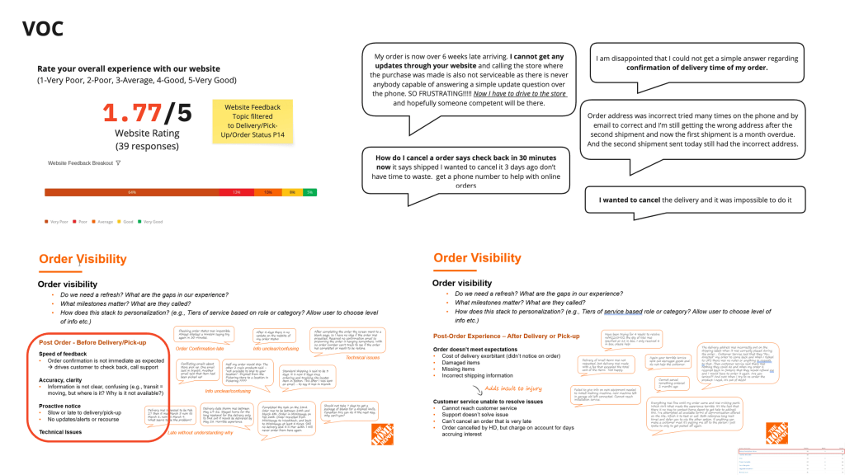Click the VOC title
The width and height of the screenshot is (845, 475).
pyautogui.click(x=42, y=30)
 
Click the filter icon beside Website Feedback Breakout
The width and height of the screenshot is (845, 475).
pyautogui.click(x=119, y=163)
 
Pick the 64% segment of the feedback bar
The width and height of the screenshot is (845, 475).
pyautogui.click(x=133, y=191)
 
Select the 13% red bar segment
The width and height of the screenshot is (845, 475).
pyautogui.click(x=237, y=191)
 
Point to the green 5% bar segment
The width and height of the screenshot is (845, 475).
pyautogui.click(x=309, y=191)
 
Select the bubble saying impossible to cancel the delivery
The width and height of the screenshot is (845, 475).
pyautogui.click(x=688, y=200)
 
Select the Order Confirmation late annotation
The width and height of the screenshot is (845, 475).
pyautogui.click(x=200, y=349)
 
